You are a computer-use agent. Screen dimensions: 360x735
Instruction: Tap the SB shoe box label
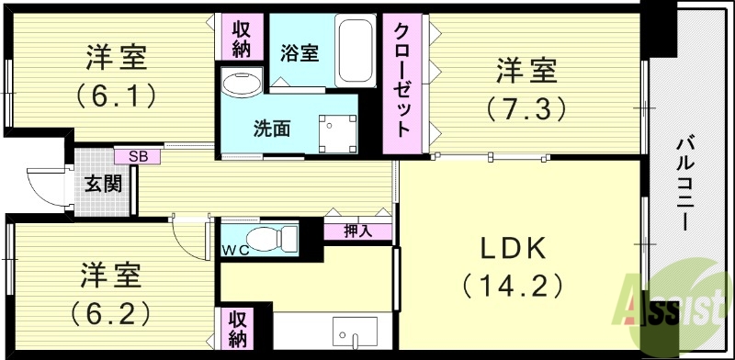click(x=138, y=156)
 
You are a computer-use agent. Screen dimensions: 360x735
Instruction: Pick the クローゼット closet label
click(x=403, y=84)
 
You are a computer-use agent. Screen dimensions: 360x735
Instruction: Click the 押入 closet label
click(x=358, y=231)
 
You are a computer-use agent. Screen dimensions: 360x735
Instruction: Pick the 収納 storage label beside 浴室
click(x=242, y=39)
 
